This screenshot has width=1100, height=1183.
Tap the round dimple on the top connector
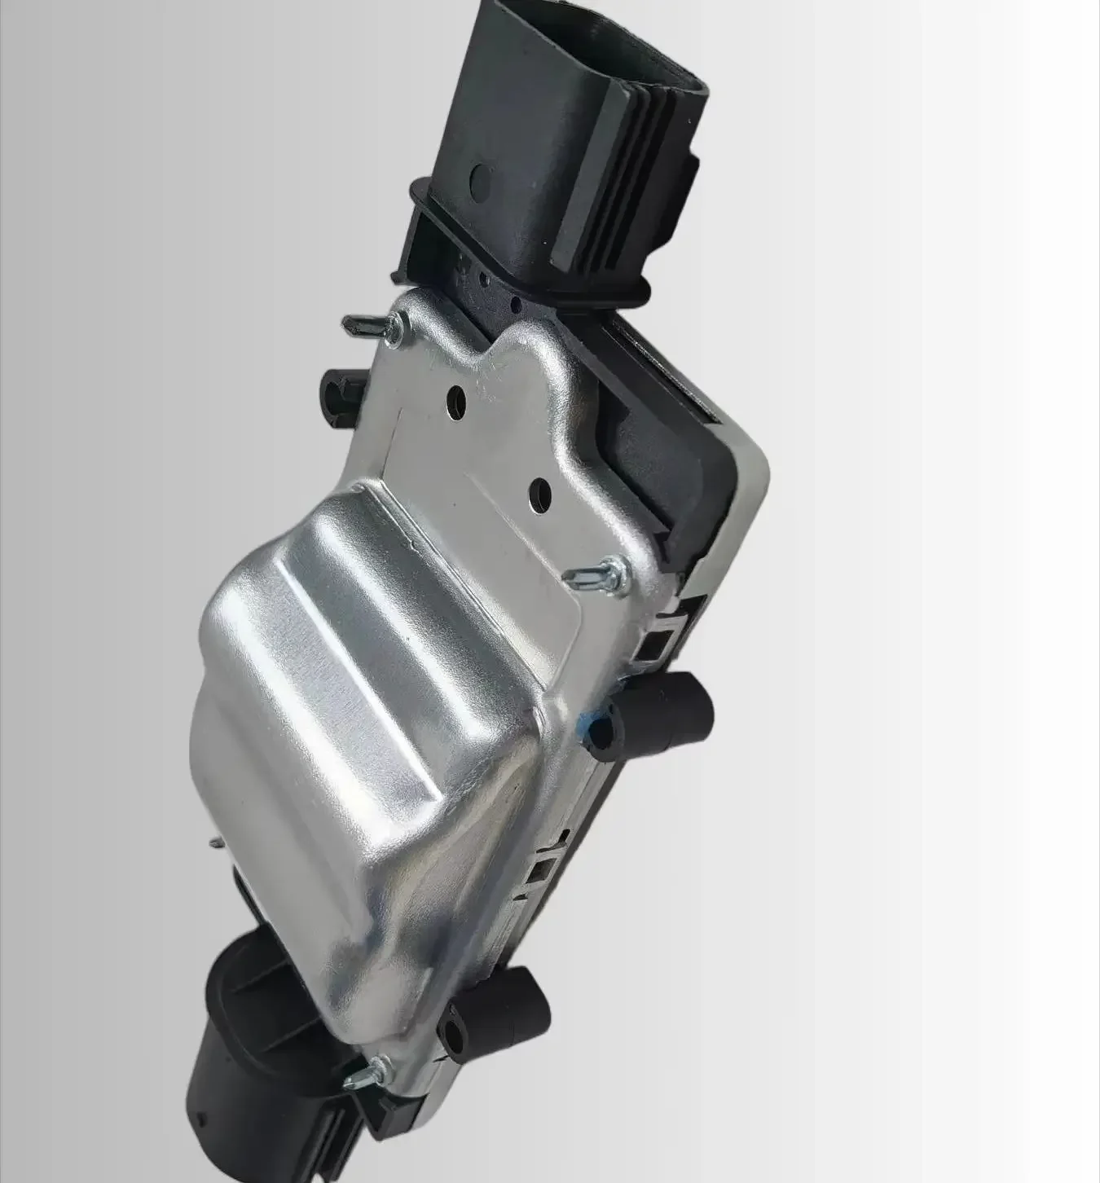click(480, 176)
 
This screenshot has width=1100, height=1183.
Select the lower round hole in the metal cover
click(539, 491)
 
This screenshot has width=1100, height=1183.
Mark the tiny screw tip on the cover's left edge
click(213, 841)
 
